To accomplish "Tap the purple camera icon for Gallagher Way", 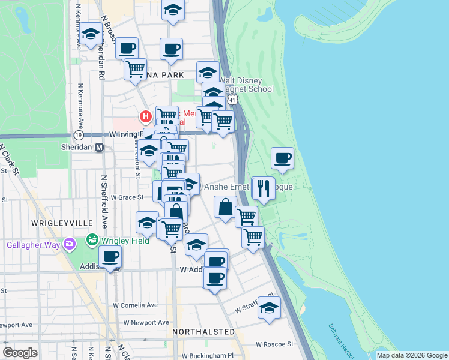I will tap(70, 244).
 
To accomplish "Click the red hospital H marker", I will tap(145, 116).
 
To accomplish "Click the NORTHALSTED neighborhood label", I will tap(203, 331).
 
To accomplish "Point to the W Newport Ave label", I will tap(147, 322).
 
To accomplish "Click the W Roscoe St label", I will tap(274, 344).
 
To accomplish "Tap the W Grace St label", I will tap(124, 197).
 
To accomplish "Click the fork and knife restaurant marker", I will tap(263, 188).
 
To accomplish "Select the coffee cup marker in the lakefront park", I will tap(282, 158).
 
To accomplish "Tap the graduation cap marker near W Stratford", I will tap(269, 308).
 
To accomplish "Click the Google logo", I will tap(20, 353).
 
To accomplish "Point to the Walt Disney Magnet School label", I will tap(247, 85).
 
